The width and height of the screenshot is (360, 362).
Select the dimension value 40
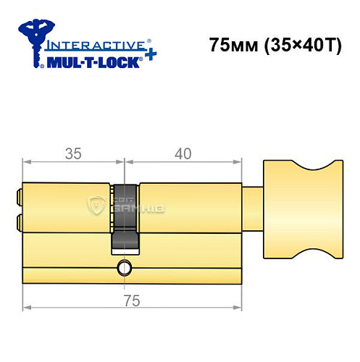[180, 153]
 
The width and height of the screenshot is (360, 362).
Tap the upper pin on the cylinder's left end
[18, 195]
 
